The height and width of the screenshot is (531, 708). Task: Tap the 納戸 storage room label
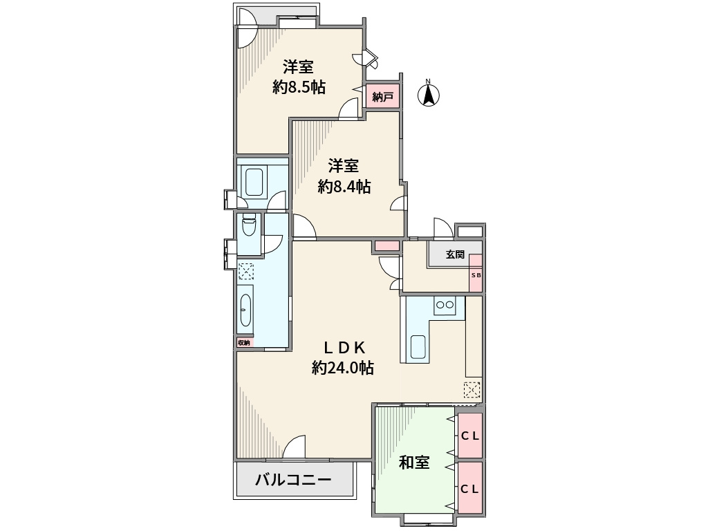382,97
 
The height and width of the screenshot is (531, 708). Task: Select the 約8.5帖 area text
299,88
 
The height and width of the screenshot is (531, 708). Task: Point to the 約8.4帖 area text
344,186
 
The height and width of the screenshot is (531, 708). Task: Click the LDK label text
344,348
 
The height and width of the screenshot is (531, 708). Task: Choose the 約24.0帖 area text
343,369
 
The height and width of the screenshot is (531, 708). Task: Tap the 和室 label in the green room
414,463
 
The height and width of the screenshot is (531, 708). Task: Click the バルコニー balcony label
293,480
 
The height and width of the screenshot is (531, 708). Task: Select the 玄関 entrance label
454,254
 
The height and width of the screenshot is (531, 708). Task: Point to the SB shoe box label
476,275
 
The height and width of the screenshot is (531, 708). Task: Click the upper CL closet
470,436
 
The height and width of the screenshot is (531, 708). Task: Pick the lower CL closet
470,488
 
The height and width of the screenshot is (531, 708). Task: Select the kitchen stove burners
444,304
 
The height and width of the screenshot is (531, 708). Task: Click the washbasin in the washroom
245,313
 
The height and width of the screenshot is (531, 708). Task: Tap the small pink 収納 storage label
244,342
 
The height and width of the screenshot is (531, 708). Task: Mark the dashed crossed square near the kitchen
472,390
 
